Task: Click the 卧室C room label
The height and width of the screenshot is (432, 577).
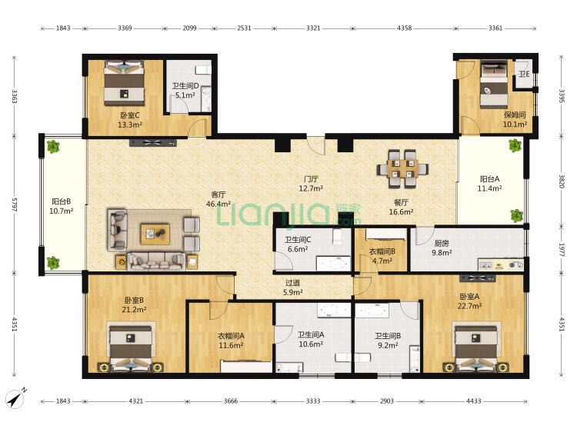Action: point(129,115)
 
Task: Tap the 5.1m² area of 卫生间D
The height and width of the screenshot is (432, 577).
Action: point(185,95)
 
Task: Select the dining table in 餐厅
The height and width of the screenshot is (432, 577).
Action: point(402,169)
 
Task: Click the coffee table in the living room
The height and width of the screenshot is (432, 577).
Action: point(155,234)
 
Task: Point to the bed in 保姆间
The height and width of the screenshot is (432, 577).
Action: point(494,85)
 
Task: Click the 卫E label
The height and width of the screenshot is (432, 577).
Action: point(524,75)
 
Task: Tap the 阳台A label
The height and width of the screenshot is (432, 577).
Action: point(489,179)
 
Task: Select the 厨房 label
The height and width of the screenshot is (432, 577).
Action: point(442,244)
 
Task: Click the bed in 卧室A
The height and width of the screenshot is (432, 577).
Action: point(477,347)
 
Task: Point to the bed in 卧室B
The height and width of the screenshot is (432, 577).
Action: point(131,347)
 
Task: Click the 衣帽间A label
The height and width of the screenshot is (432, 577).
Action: point(231,336)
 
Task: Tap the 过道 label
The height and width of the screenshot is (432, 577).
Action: point(292,283)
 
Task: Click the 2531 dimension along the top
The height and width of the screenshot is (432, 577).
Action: point(244,28)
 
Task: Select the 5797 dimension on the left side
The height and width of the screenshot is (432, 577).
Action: point(15,204)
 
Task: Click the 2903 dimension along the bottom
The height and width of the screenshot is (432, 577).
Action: point(387,401)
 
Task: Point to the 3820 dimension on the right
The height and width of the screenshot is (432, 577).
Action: point(562,181)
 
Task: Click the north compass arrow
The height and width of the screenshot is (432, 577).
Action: point(15,397)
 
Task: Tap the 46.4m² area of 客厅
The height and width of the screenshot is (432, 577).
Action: point(218,204)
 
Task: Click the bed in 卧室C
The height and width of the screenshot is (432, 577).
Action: point(124,83)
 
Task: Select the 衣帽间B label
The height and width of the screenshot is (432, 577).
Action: point(382,251)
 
